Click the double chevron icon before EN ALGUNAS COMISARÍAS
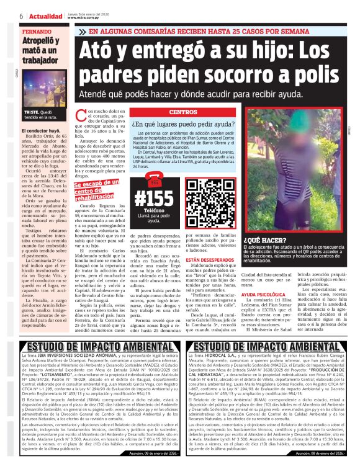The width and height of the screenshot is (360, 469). pos(83,30)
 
